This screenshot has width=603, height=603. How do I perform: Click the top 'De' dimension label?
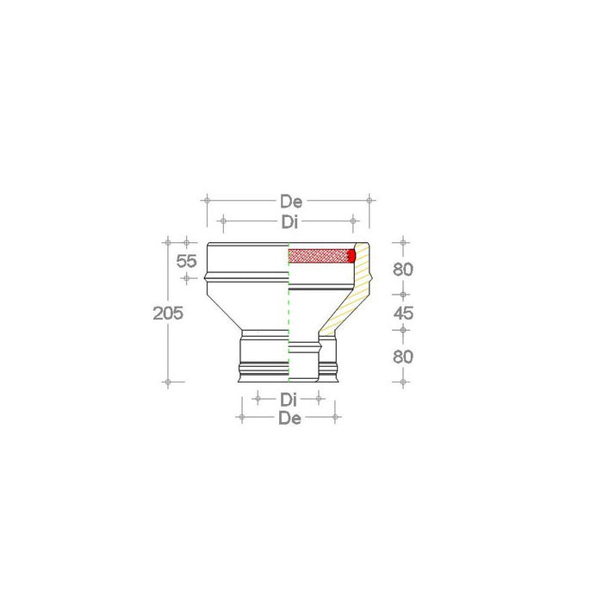click(290, 202)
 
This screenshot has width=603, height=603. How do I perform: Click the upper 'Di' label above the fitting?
click(290, 221)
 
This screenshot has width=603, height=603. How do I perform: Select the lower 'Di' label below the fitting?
click(289, 399)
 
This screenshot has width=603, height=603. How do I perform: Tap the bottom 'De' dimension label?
click(289, 418)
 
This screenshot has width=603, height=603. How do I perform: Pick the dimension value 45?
click(403, 314)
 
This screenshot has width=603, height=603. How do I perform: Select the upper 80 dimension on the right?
click(403, 269)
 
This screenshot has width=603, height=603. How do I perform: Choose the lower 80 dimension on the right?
click(403, 355)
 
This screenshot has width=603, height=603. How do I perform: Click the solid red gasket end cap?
click(351, 256)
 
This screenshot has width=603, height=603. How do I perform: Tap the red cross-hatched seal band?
click(319, 256)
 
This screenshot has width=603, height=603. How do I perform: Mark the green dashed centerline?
click(289, 327)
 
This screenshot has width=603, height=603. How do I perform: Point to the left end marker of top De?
click(206, 200)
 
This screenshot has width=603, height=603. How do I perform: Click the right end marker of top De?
click(370, 200)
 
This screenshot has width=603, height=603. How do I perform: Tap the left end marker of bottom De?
click(241, 418)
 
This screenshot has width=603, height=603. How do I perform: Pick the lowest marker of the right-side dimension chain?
click(403, 380)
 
